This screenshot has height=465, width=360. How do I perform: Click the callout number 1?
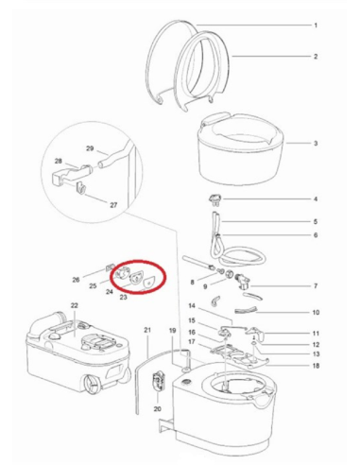[316, 25]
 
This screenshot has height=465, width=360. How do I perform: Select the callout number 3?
[316, 145]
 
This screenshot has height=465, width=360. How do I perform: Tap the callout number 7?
[316, 285]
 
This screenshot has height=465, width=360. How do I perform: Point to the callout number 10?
[316, 311]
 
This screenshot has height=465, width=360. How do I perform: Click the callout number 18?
[316, 365]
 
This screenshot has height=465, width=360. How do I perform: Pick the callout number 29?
[91, 149]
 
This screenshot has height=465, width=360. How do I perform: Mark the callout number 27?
[114, 204]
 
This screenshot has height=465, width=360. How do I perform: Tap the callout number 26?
[77, 280]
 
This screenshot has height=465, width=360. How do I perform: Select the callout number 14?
[192, 307]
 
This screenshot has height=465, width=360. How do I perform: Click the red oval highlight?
[135, 278]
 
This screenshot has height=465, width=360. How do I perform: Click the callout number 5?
[316, 221]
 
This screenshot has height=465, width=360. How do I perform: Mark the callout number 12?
[316, 344]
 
